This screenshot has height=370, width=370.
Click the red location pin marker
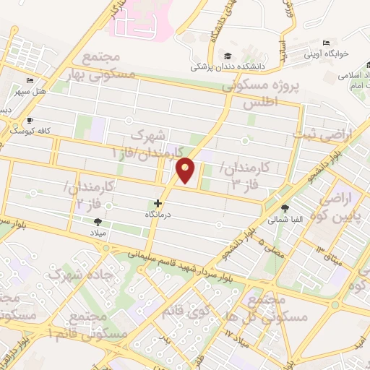186,170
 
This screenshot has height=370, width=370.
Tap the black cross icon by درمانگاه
158,205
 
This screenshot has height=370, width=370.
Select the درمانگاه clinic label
158,215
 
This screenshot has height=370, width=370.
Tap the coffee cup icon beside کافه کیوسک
30,120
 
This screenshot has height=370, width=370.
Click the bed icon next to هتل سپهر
30,80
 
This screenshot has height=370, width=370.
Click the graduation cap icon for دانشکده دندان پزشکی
228,56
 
